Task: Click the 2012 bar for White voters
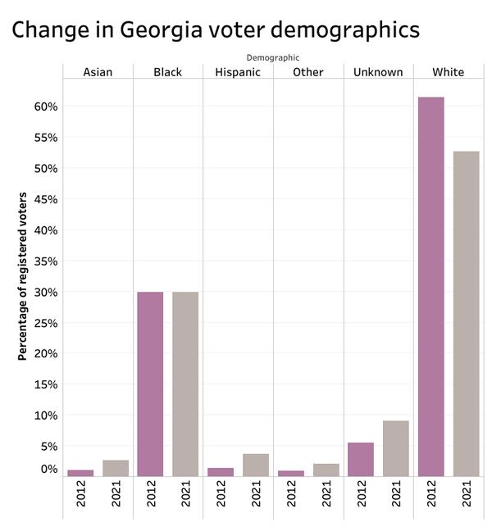click(430, 287)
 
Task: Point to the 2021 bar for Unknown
click(396, 448)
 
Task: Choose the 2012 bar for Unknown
click(361, 459)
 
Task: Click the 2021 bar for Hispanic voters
click(256, 465)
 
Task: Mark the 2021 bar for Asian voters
click(116, 468)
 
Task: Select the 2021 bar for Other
click(326, 470)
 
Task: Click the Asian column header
click(98, 72)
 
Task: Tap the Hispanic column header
click(238, 72)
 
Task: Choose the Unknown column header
click(378, 72)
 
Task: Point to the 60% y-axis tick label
click(46, 107)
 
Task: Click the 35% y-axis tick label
click(46, 261)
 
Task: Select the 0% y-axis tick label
click(49, 470)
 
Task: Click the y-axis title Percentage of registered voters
click(23, 276)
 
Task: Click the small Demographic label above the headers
click(273, 57)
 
